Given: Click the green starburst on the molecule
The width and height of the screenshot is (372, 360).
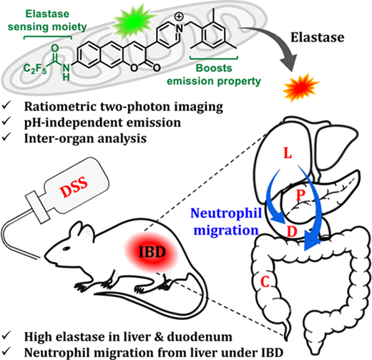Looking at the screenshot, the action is point(134,21).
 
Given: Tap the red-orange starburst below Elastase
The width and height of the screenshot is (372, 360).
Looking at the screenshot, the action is point(301,88).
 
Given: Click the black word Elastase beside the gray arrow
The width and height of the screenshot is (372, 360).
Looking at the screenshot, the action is point(318,37).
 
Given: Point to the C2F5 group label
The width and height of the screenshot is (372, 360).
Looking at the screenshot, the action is point(35,69).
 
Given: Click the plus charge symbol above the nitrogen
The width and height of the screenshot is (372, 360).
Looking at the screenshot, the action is point(179,16).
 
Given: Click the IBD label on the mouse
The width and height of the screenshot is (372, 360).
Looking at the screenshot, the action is point(152,252).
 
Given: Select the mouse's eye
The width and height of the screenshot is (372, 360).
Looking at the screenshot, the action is point(66,248).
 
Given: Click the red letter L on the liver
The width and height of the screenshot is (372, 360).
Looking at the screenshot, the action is point(288,153).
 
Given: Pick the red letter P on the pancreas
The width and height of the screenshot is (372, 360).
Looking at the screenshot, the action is point(300,195).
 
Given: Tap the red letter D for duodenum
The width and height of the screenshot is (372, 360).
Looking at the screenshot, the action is point(292,231).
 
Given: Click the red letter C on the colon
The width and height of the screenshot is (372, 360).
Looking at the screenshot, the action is point(265,282).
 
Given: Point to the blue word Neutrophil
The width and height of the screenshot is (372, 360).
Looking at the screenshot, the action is point(226,213).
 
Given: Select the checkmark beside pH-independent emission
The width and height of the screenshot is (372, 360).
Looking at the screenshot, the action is point(6,122).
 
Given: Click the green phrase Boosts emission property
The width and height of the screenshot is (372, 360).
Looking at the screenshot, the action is point(214,74).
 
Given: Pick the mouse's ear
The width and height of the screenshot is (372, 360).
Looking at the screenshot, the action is point(83,231).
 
